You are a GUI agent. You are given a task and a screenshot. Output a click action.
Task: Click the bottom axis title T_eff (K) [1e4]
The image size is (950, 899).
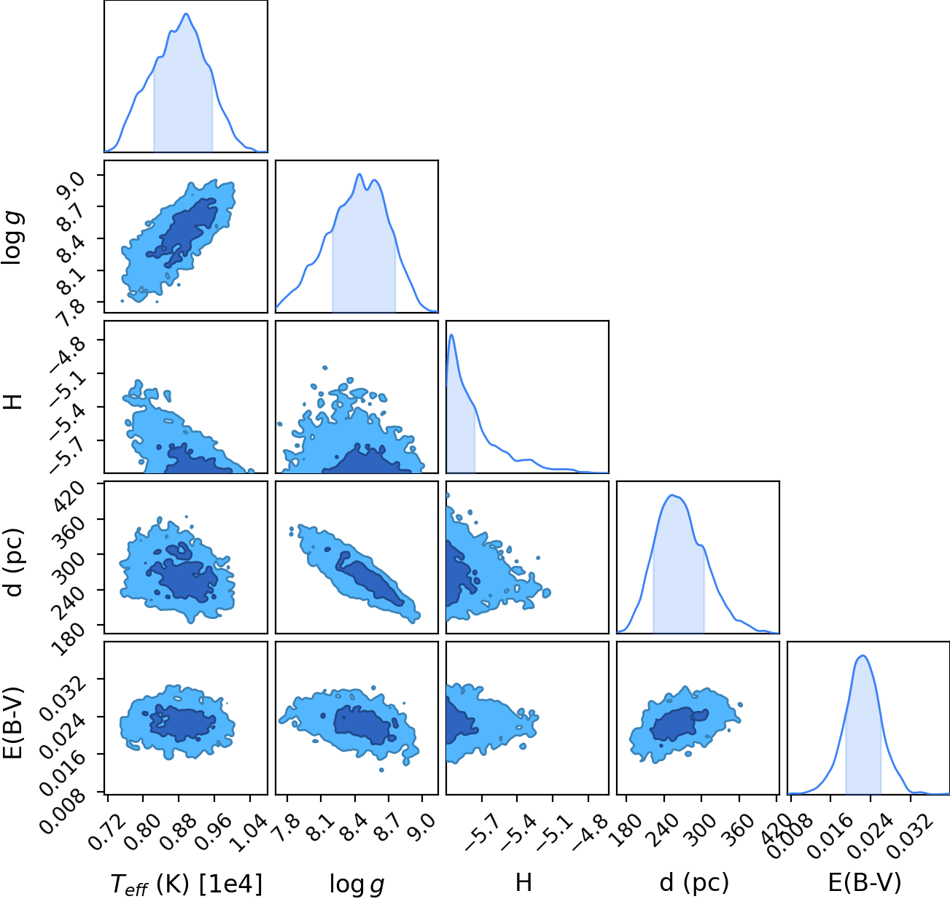(187, 884)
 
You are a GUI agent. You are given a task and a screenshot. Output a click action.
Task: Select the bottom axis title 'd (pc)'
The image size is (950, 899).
(694, 883)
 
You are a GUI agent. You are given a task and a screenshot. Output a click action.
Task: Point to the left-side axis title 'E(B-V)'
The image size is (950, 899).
(14, 723)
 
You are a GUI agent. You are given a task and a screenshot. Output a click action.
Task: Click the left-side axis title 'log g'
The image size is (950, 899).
(14, 238)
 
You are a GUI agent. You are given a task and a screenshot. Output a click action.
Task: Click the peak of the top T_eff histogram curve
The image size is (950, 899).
(187, 14)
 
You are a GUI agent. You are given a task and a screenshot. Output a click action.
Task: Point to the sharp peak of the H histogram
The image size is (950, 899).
(451, 335)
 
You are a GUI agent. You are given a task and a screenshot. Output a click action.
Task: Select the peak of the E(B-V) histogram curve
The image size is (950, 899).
(863, 656)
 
